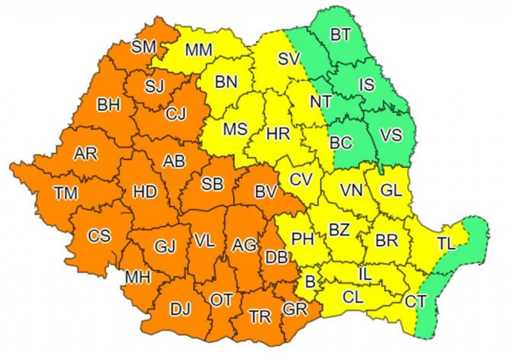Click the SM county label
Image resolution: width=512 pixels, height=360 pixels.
click(x=144, y=47)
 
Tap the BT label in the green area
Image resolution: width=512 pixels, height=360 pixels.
click(x=340, y=35)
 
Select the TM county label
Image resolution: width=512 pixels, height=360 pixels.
click(x=66, y=193)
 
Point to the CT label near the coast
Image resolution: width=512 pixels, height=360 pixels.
click(x=416, y=302)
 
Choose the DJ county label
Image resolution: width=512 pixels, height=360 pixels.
click(x=179, y=308)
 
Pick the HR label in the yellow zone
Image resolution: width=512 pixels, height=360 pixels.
click(x=277, y=134)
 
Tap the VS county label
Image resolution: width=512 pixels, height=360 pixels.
click(x=390, y=135)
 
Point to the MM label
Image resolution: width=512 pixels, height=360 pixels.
click(x=199, y=50)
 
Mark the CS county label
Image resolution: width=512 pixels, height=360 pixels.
click(x=100, y=235)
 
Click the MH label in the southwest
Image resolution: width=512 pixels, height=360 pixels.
click(x=137, y=277)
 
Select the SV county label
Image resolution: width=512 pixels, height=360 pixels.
click(x=290, y=59)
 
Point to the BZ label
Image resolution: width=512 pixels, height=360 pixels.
click(x=339, y=230)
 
